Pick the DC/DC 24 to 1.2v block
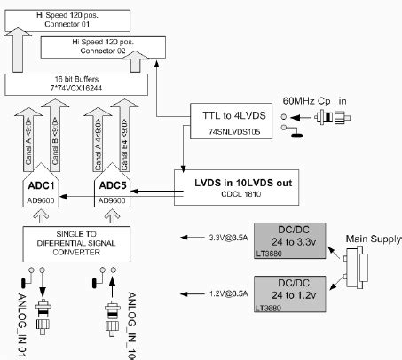pos(288,293)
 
